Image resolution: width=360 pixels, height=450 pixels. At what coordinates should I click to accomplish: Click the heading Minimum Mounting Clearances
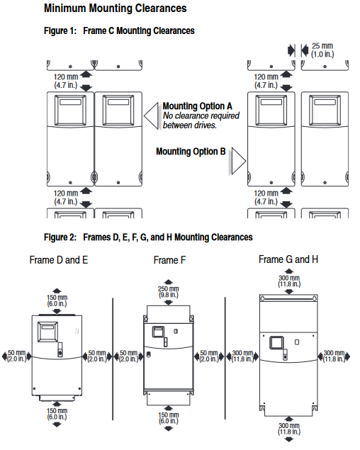pyautogui.click(x=115, y=9)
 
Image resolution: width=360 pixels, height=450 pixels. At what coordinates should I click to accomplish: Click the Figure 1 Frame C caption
pyautogui.click(x=119, y=30)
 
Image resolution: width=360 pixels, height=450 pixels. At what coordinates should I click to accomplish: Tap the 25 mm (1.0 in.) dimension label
pyautogui.click(x=322, y=50)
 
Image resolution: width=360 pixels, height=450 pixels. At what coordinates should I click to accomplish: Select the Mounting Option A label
pyautogui.click(x=197, y=106)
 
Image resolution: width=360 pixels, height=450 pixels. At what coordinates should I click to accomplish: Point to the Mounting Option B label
pyautogui.click(x=191, y=151)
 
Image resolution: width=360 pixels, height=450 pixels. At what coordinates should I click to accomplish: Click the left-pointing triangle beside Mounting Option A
pyautogui.click(x=151, y=116)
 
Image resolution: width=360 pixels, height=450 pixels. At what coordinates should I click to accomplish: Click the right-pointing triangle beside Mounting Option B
pyautogui.click(x=237, y=161)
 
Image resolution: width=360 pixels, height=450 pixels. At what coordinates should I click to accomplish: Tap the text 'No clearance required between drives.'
pyautogui.click(x=201, y=120)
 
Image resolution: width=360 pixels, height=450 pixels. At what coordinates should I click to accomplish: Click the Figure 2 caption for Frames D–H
pyautogui.click(x=148, y=237)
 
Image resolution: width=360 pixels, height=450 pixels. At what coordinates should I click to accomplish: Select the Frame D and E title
pyautogui.click(x=59, y=260)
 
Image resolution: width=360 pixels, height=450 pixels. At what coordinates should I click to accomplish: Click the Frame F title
pyautogui.click(x=169, y=260)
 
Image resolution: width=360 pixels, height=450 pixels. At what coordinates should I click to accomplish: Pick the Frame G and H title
pyautogui.click(x=288, y=259)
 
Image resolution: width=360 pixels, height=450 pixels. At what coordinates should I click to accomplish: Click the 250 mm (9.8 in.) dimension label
pyautogui.click(x=169, y=291)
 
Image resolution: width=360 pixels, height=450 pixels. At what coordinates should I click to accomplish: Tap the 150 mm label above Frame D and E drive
pyautogui.click(x=57, y=300)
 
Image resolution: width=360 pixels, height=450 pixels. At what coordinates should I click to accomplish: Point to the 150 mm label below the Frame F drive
pyautogui.click(x=169, y=418)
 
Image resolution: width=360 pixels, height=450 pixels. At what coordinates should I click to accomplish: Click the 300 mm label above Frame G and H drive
pyautogui.click(x=289, y=281)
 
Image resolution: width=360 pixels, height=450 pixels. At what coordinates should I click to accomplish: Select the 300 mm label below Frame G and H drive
pyautogui.click(x=289, y=429)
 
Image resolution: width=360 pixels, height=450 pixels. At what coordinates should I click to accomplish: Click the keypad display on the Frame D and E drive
pyautogui.click(x=47, y=332)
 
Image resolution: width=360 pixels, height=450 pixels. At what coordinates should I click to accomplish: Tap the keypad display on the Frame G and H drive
pyautogui.click(x=276, y=343)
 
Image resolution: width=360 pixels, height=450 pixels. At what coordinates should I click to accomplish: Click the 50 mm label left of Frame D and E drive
pyautogui.click(x=16, y=356)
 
